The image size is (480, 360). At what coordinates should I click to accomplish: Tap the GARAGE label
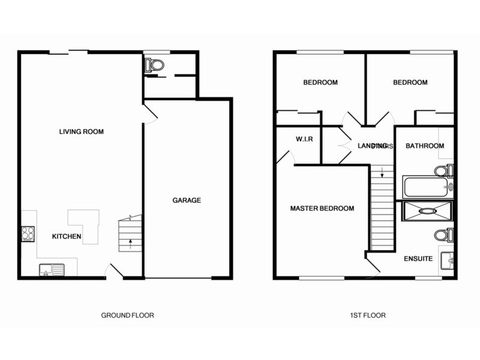tap(187, 200)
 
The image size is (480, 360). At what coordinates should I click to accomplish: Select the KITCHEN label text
tap(67, 236)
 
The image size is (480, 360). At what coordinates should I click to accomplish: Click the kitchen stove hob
tap(28, 232)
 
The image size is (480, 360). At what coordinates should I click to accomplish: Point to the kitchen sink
tap(50, 269)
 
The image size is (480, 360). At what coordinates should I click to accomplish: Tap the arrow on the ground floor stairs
tap(130, 244)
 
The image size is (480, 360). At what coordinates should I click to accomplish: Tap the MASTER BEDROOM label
tap(322, 209)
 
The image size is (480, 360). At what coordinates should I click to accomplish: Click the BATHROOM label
tap(425, 146)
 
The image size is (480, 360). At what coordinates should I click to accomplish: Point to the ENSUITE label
tap(418, 259)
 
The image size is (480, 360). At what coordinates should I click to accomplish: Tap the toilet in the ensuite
tap(443, 234)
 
